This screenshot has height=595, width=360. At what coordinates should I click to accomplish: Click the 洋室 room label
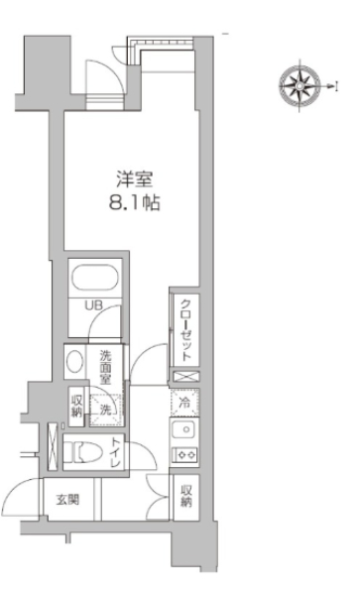[x=134, y=179]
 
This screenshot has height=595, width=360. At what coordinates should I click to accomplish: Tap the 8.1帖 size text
[x=134, y=203]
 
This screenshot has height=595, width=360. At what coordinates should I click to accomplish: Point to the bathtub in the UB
[x=95, y=278]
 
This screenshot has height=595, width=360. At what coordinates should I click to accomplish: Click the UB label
[x=93, y=305]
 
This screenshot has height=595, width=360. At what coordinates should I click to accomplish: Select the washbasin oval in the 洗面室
[x=74, y=361]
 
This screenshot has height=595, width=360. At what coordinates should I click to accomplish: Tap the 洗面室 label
[x=105, y=367]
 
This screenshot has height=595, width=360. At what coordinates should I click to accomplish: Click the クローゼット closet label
[x=185, y=330]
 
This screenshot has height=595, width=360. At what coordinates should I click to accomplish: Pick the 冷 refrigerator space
[x=184, y=403]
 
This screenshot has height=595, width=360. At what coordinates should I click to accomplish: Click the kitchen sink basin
[x=184, y=430]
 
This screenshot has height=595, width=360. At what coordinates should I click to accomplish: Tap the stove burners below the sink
[x=184, y=454]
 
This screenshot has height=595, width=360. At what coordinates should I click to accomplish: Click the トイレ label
[x=116, y=452]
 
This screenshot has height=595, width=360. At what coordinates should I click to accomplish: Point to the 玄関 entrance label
[x=67, y=500]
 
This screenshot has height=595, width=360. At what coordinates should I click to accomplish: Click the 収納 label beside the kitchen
[x=186, y=496]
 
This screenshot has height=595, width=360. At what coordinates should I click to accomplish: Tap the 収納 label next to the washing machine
[x=76, y=407]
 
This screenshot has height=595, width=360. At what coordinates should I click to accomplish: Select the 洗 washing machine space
[x=106, y=410]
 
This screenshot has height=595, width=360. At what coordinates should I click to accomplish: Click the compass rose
[x=300, y=85]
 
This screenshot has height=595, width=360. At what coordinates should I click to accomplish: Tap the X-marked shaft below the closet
[x=185, y=377]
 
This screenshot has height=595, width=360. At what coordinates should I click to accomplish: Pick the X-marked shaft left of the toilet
[x=53, y=446]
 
